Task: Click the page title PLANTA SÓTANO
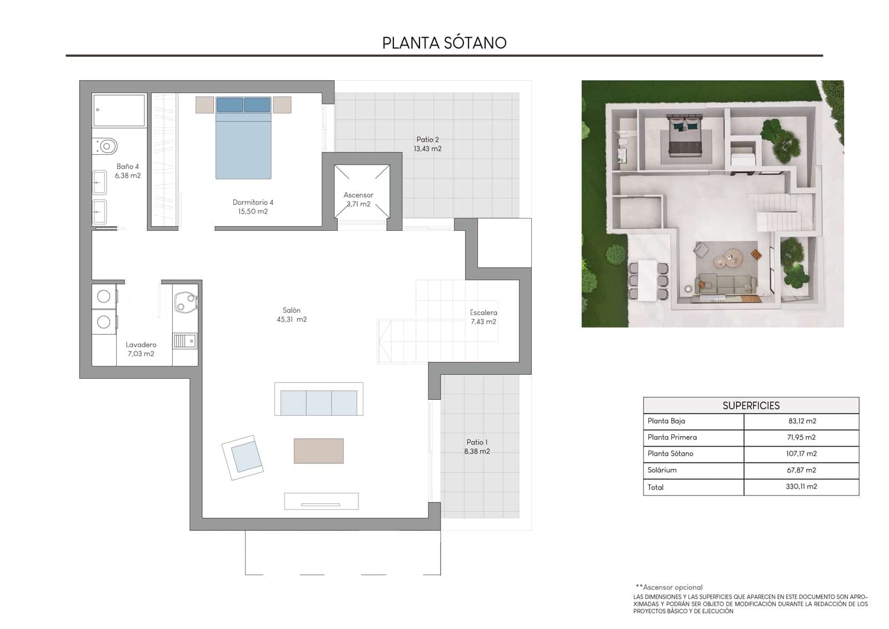(444, 43)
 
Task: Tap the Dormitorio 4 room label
(253, 202)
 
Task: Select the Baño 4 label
(128, 166)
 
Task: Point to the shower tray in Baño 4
(119, 110)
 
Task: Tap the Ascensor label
(358, 195)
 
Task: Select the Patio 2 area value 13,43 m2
(427, 149)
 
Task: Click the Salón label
(292, 310)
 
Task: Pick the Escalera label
(483, 313)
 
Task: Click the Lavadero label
(141, 345)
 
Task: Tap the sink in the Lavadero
(184, 340)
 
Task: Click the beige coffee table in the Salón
(318, 450)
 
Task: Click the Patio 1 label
(477, 442)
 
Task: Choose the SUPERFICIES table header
(751, 405)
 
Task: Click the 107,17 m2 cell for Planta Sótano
(801, 454)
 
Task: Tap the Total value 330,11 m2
(801, 487)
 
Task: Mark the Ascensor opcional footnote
(670, 587)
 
